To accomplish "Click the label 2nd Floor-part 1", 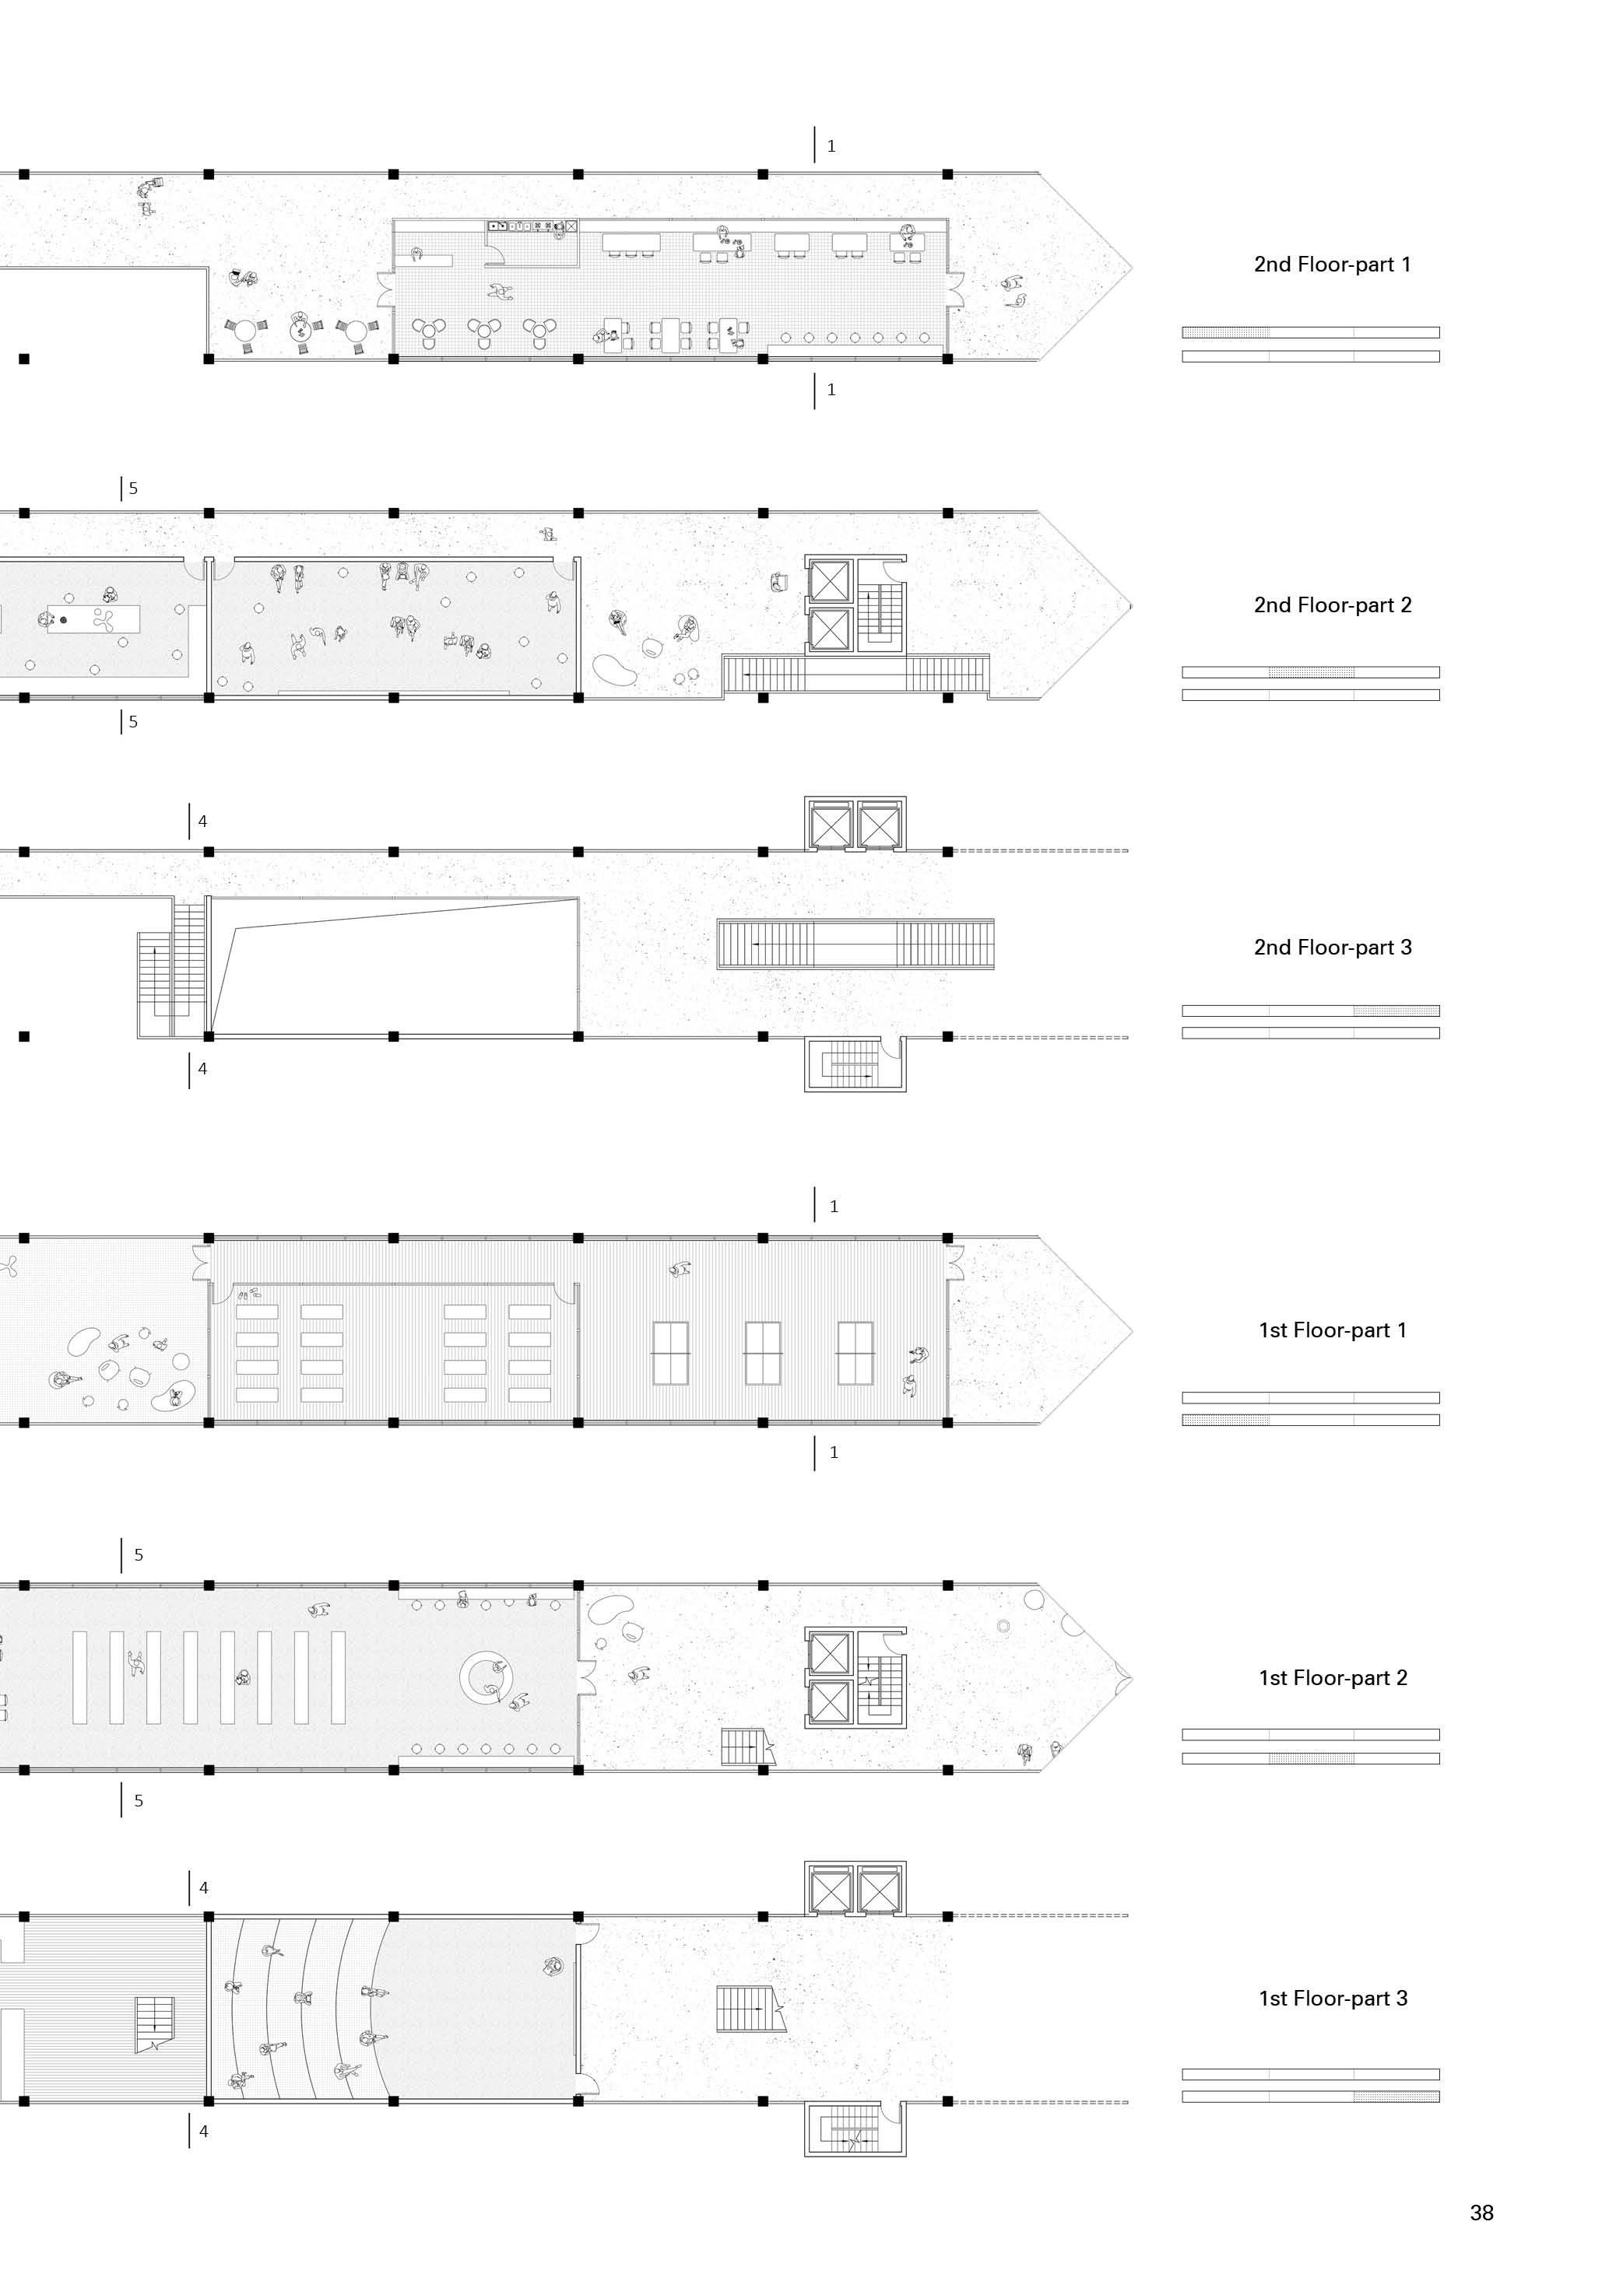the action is click(1332, 265).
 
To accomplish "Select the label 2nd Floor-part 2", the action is click(1332, 605).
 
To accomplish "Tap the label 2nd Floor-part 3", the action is click(1332, 947).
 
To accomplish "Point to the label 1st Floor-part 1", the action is click(1332, 1330).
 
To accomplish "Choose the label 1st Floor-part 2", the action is click(1332, 1678).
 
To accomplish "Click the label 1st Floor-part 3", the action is click(1332, 1999).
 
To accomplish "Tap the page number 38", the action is click(1481, 2213).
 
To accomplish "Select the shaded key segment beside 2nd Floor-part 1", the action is click(1225, 333).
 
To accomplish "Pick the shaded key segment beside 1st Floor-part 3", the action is click(1396, 2097).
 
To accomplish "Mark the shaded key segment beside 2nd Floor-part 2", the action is click(1311, 672).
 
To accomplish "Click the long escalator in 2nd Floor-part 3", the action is click(855, 944).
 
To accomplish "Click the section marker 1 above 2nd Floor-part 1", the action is click(831, 145).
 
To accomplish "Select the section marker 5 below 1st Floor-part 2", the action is click(138, 1800).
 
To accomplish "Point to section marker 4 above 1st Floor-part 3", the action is click(203, 1887).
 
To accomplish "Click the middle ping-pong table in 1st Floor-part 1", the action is click(763, 1353).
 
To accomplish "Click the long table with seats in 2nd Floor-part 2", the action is click(93, 620).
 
